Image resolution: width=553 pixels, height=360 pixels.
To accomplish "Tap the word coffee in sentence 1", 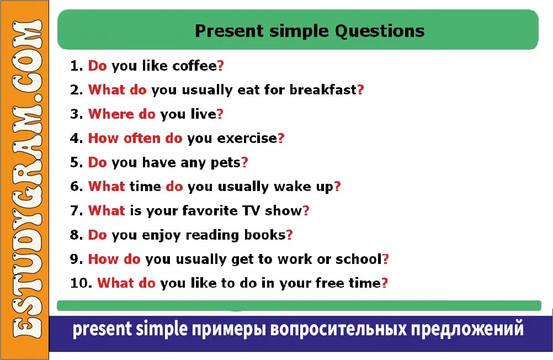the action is pyautogui.click(x=195, y=66).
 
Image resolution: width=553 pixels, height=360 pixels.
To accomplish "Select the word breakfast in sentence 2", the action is pyautogui.click(x=323, y=89).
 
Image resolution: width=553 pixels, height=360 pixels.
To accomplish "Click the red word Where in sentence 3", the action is pyautogui.click(x=111, y=114).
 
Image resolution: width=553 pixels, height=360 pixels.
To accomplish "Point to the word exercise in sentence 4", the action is pyautogui.click(x=247, y=138).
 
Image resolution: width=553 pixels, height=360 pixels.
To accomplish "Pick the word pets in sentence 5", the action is pyautogui.click(x=225, y=163).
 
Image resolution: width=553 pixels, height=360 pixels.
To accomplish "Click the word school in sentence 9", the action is pyautogui.click(x=359, y=259).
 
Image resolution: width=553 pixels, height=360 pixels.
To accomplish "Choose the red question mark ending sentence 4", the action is pyautogui.click(x=281, y=138).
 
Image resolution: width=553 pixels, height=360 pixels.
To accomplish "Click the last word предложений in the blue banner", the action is pyautogui.click(x=467, y=329).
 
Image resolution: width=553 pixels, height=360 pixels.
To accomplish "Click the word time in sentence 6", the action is pyautogui.click(x=145, y=187).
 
